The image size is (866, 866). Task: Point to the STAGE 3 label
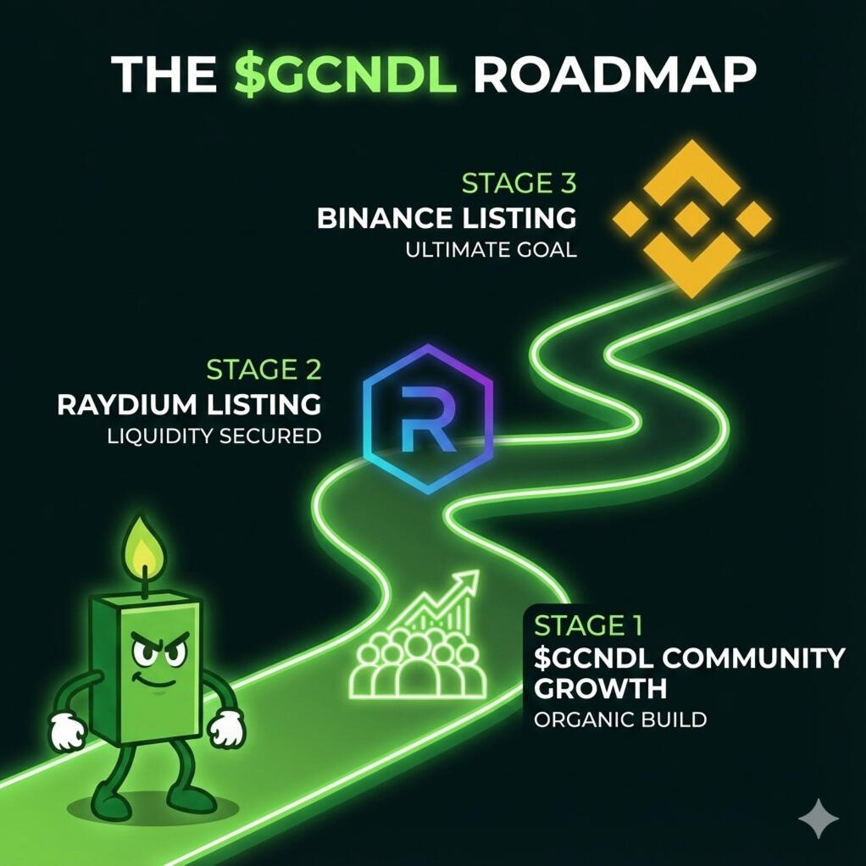[x=519, y=183]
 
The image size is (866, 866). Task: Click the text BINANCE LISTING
[x=447, y=218]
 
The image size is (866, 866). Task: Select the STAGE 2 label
[x=264, y=369]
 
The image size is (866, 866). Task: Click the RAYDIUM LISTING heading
[x=189, y=404]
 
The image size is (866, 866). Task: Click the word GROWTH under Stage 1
[x=600, y=687]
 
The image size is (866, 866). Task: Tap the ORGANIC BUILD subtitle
[x=620, y=720]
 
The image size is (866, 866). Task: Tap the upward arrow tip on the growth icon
[x=471, y=577]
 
